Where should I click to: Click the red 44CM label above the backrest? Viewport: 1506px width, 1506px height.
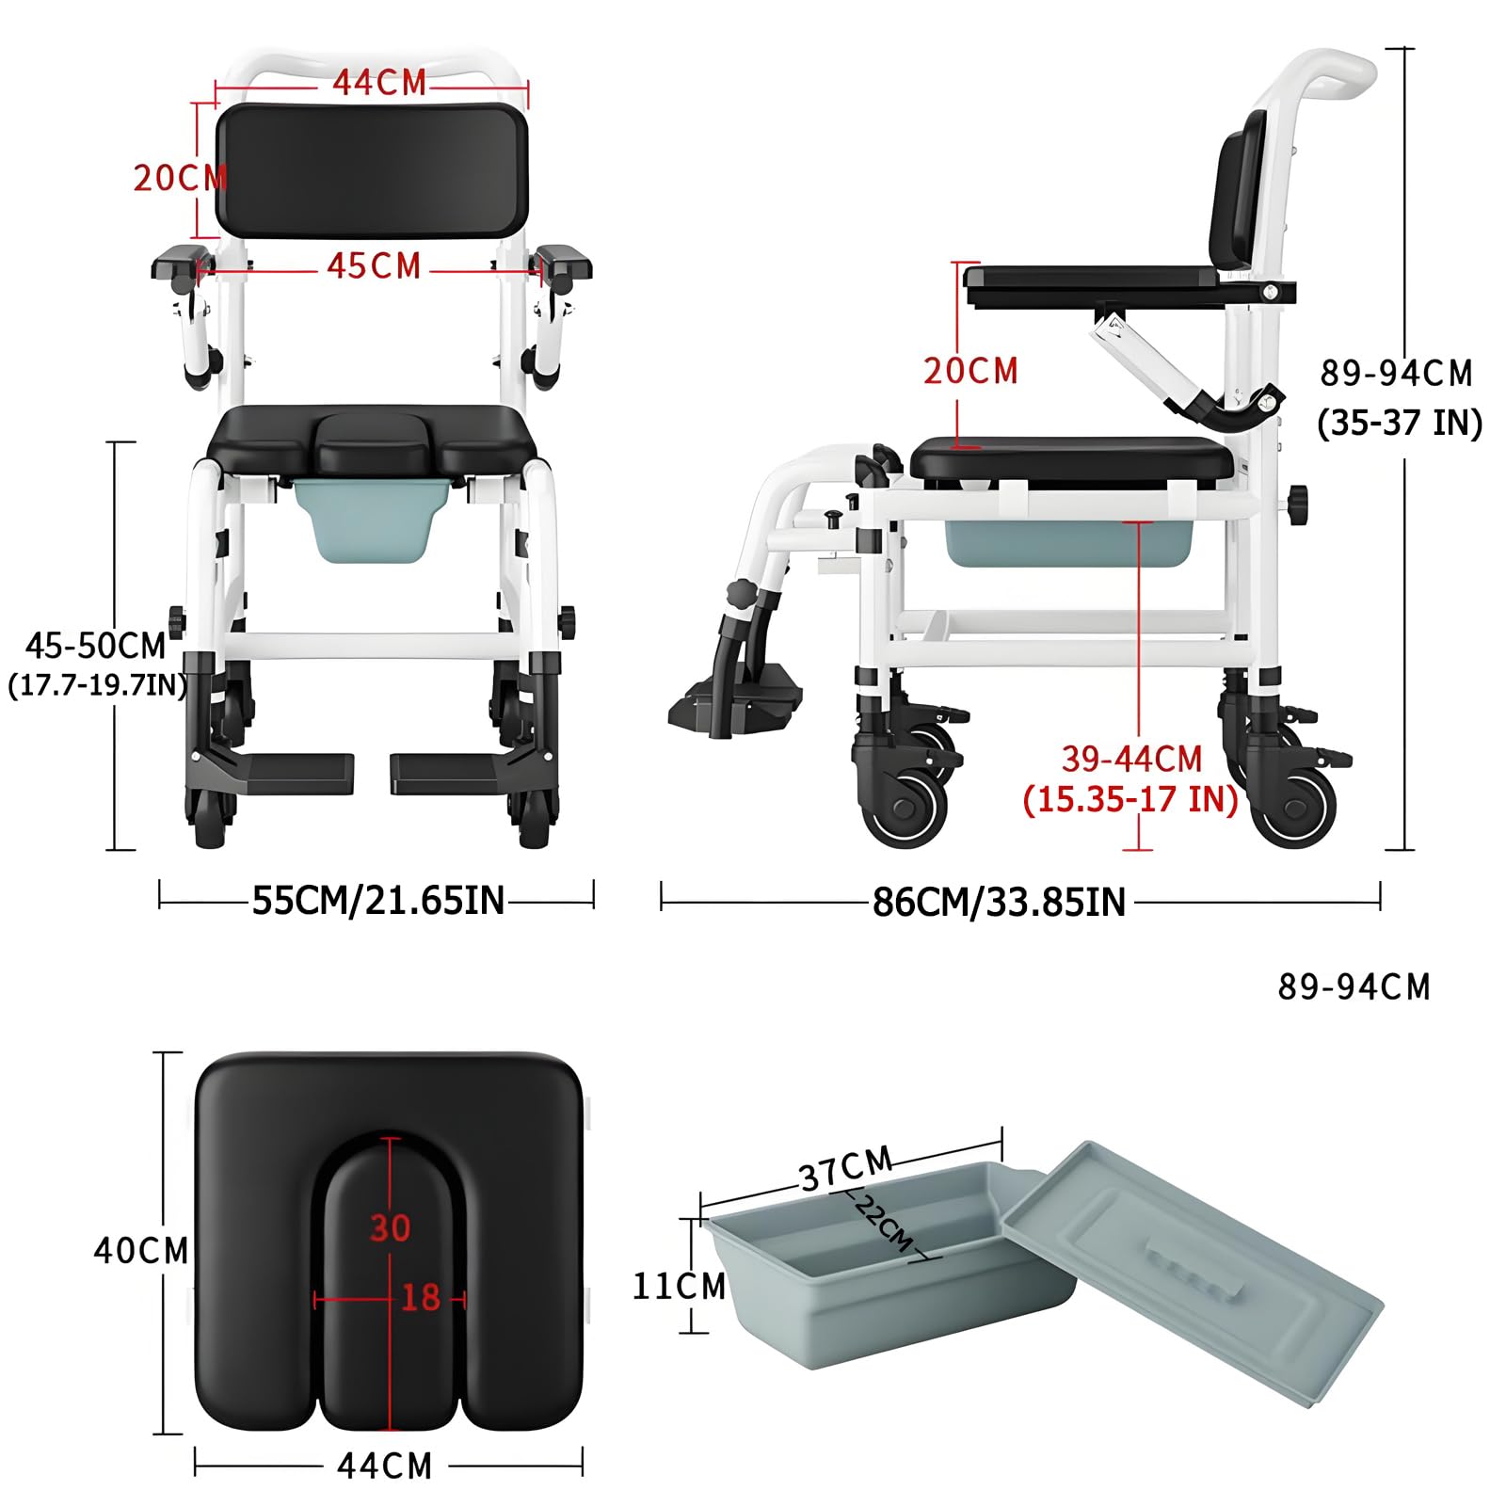pos(379,83)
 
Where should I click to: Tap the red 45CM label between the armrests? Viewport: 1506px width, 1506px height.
pos(374,266)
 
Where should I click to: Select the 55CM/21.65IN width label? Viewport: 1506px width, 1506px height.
pos(378,901)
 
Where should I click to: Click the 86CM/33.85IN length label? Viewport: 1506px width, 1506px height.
pos(999,902)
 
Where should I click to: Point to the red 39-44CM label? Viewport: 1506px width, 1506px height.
pos(1132,759)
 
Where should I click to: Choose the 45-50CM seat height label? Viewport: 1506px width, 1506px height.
pos(95,646)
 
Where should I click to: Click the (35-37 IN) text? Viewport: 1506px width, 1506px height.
pos(1400,423)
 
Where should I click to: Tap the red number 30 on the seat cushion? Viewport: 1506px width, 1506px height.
pos(390,1227)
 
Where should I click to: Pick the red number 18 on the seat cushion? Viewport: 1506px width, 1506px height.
pos(421,1298)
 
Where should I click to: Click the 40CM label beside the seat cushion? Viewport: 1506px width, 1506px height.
pos(141,1250)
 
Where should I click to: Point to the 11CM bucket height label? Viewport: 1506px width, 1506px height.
pos(679,1286)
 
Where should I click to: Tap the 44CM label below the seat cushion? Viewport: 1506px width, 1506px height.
pos(385,1466)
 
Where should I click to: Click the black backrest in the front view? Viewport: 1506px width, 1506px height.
pos(372,170)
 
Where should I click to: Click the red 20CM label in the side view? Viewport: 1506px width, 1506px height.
pos(970,371)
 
